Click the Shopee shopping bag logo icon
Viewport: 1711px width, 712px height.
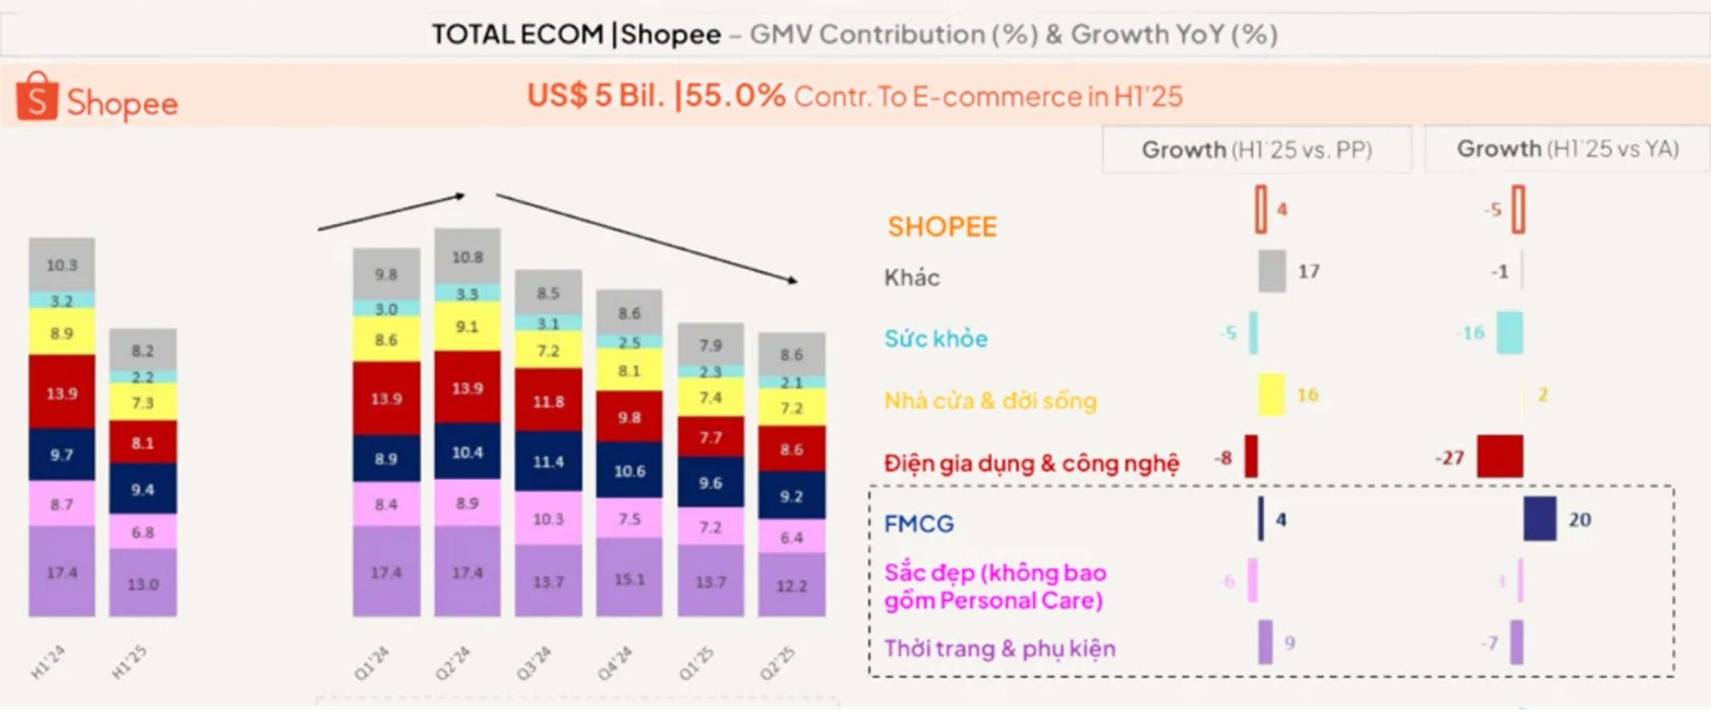[x=37, y=96]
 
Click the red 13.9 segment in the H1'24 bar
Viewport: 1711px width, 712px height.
[x=62, y=392]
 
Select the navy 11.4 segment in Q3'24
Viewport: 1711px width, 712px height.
[x=548, y=462]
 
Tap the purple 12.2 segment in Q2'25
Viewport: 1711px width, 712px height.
[x=791, y=584]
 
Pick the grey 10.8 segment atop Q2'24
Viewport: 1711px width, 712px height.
[x=467, y=257]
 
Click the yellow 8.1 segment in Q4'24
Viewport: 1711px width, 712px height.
[x=629, y=371]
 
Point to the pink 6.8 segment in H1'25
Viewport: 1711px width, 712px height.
[x=143, y=531]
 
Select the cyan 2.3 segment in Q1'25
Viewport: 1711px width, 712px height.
[x=710, y=372]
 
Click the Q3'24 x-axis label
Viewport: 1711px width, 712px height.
[x=534, y=663]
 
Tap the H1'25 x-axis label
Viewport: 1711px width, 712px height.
[x=129, y=662]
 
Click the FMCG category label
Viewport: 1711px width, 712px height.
[x=919, y=523]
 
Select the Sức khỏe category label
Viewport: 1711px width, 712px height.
[x=936, y=338]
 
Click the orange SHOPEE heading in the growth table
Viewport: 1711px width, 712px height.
[x=942, y=227]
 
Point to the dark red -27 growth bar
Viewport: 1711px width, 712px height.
[x=1500, y=457]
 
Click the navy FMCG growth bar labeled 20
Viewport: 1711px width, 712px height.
[x=1539, y=519]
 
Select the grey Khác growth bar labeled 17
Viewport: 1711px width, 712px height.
[x=1272, y=271]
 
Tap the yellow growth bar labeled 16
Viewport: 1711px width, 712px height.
[x=1271, y=395]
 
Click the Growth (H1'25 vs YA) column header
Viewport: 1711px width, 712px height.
[x=1568, y=149]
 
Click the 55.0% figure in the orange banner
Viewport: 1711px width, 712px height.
[x=735, y=96]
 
